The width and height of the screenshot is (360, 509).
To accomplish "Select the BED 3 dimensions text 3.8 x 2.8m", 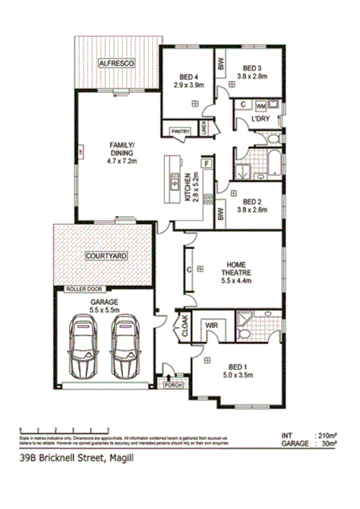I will [253, 77].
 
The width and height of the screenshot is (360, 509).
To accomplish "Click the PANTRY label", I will [180, 131].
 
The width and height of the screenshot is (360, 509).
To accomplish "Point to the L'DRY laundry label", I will [259, 121].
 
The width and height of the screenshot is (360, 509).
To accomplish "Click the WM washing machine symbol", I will [261, 104].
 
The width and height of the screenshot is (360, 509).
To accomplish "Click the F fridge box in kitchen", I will [207, 164].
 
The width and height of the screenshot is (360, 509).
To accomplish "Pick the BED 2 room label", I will [253, 198].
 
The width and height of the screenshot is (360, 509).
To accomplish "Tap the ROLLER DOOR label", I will [84, 289].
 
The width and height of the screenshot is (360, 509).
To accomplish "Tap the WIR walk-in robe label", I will [211, 327].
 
